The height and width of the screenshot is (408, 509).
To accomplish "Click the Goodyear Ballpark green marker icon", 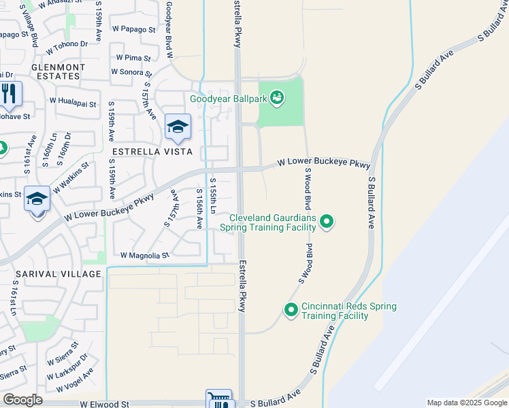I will (276, 99).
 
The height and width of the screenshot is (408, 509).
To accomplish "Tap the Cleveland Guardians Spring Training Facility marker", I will (327, 221).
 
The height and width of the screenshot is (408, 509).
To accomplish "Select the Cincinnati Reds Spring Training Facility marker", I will (291, 310).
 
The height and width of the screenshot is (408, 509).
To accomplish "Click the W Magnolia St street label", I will (144, 256).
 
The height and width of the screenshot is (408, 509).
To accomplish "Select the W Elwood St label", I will (104, 404).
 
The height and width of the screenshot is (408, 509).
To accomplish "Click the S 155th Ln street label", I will (213, 196).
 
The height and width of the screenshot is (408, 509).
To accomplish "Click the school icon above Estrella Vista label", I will (178, 126).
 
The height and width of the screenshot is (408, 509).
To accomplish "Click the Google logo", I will (23, 400).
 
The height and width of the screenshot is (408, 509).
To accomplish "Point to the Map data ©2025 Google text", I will (467, 403).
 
